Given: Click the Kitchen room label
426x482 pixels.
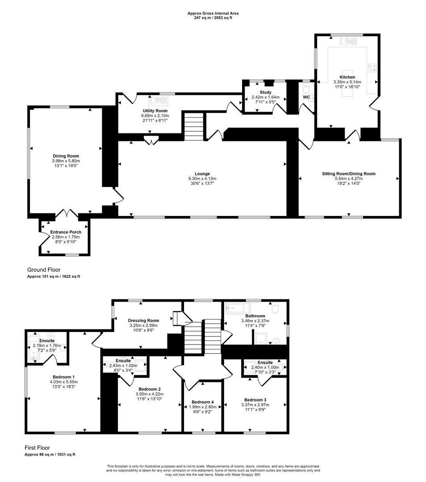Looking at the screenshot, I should point(347,77).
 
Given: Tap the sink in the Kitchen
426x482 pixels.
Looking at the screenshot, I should point(348,42).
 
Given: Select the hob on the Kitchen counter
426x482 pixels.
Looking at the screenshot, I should point(372,68).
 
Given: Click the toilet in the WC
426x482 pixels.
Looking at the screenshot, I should point(306,87).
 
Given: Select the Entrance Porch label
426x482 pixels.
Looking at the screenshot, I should point(66,232).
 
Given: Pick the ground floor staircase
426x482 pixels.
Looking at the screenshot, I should point(193,126).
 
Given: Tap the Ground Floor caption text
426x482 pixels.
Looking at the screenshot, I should point(44,270).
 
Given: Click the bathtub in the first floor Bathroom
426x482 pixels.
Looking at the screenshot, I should point(237,308).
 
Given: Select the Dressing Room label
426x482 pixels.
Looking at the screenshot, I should point(143,320).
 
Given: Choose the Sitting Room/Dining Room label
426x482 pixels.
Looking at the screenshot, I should point(349,174).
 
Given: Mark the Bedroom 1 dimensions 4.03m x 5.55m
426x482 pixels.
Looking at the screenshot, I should point(63,382).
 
